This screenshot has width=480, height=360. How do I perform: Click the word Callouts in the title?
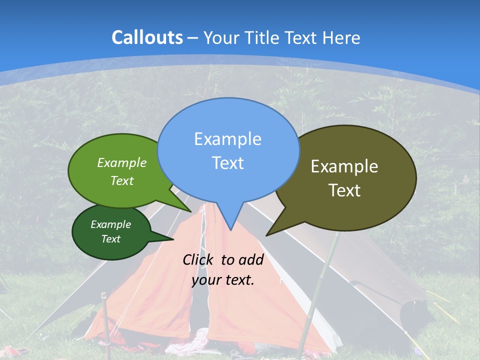(147, 37)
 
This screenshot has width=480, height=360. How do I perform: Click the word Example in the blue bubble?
(227, 139)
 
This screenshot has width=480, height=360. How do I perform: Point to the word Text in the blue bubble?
(227, 163)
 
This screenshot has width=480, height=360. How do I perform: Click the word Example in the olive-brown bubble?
(344, 166)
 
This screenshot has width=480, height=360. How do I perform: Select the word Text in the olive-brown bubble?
(344, 190)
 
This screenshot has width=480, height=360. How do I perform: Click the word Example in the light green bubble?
(122, 163)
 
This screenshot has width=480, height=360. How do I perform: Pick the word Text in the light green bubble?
(122, 180)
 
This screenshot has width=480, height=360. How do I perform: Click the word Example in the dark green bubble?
(111, 225)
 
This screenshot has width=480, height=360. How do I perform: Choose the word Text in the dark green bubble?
(111, 239)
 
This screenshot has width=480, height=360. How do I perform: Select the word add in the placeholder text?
(250, 259)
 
